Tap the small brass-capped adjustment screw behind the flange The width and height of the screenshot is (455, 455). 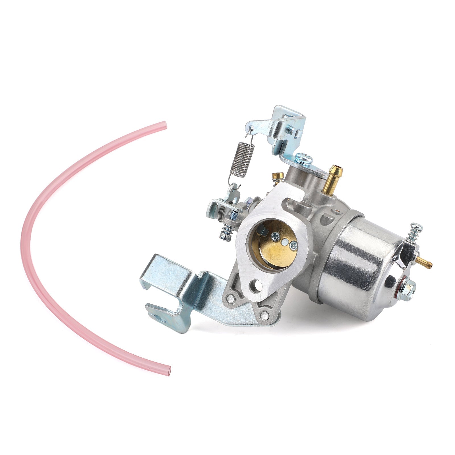275,178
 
